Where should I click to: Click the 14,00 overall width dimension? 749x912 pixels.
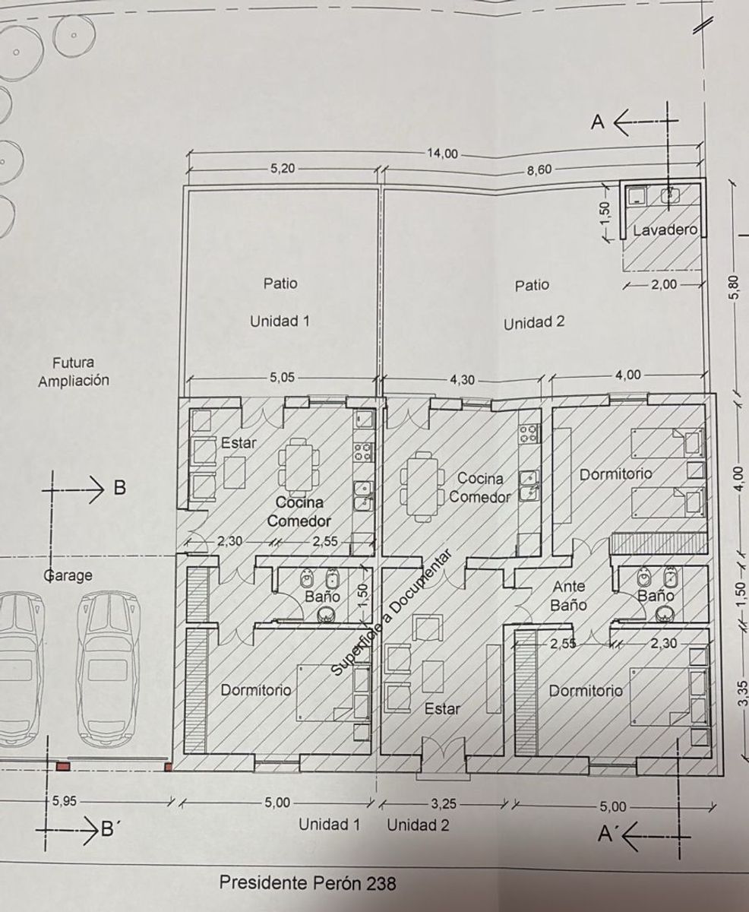[x=442, y=154]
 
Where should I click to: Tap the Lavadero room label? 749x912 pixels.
[x=665, y=230]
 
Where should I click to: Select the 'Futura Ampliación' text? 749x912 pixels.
[x=74, y=372]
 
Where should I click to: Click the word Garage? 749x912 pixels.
[x=68, y=575]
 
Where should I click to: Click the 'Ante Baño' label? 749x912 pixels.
[x=569, y=596]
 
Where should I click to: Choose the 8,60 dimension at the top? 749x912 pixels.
[x=539, y=169]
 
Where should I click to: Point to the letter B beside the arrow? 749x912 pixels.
[x=119, y=487]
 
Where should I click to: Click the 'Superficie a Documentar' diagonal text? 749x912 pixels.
[x=391, y=619]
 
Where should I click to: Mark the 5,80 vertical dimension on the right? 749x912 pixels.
[x=738, y=289]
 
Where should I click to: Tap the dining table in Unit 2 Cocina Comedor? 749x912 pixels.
[x=423, y=486]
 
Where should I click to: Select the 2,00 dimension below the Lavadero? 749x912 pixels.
[x=664, y=285]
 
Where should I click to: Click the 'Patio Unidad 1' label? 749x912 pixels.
[x=280, y=302]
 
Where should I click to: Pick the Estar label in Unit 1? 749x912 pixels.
[x=239, y=443]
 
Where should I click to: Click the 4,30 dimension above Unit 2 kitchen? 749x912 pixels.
[x=462, y=380]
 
